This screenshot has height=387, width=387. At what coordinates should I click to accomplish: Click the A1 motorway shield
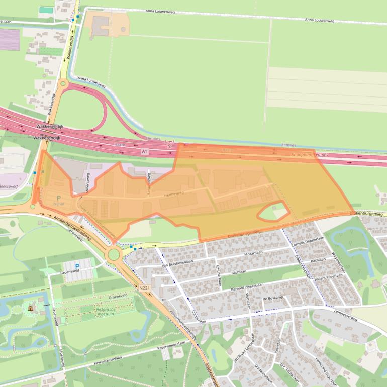coord(145,151)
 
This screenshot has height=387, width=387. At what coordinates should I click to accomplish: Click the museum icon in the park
coord(31,308)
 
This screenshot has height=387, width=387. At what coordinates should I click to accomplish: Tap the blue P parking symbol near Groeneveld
coord(77,266)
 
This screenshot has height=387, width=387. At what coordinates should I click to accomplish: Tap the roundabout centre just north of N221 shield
coord(114,254)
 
